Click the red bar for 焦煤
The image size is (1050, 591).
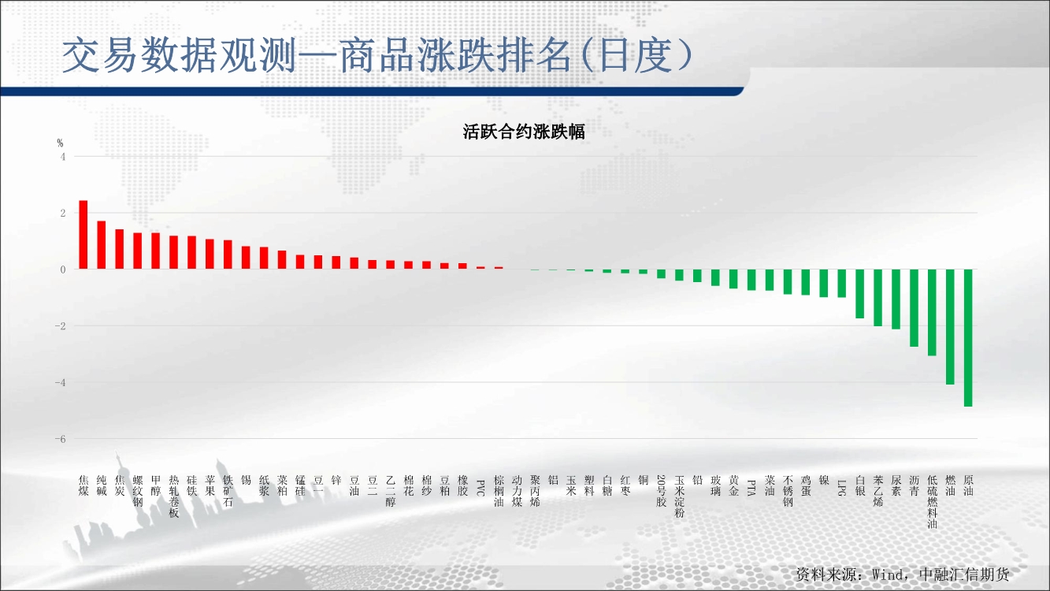tap(83, 235)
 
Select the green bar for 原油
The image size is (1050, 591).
tap(968, 338)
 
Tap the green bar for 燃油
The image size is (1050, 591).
tap(950, 327)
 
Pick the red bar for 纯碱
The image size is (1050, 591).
tap(102, 245)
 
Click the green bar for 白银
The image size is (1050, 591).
tap(859, 294)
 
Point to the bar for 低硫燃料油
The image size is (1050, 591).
tap(932, 312)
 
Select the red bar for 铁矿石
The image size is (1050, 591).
tap(228, 255)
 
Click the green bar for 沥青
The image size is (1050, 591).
tap(914, 308)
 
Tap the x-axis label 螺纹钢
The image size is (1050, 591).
tap(138, 491)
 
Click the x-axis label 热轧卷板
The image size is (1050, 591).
tap(174, 496)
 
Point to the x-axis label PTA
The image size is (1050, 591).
tap(751, 488)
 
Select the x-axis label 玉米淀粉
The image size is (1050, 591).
tap(679, 496)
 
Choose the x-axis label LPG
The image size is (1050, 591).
tap(841, 488)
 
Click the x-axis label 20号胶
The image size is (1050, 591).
tap(661, 491)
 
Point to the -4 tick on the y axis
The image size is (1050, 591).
tap(60, 383)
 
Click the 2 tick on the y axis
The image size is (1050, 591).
tap(63, 214)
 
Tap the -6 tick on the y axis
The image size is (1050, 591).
tap(60, 440)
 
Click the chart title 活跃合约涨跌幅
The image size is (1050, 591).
tap(524, 132)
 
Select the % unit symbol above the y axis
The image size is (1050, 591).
tap(60, 143)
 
